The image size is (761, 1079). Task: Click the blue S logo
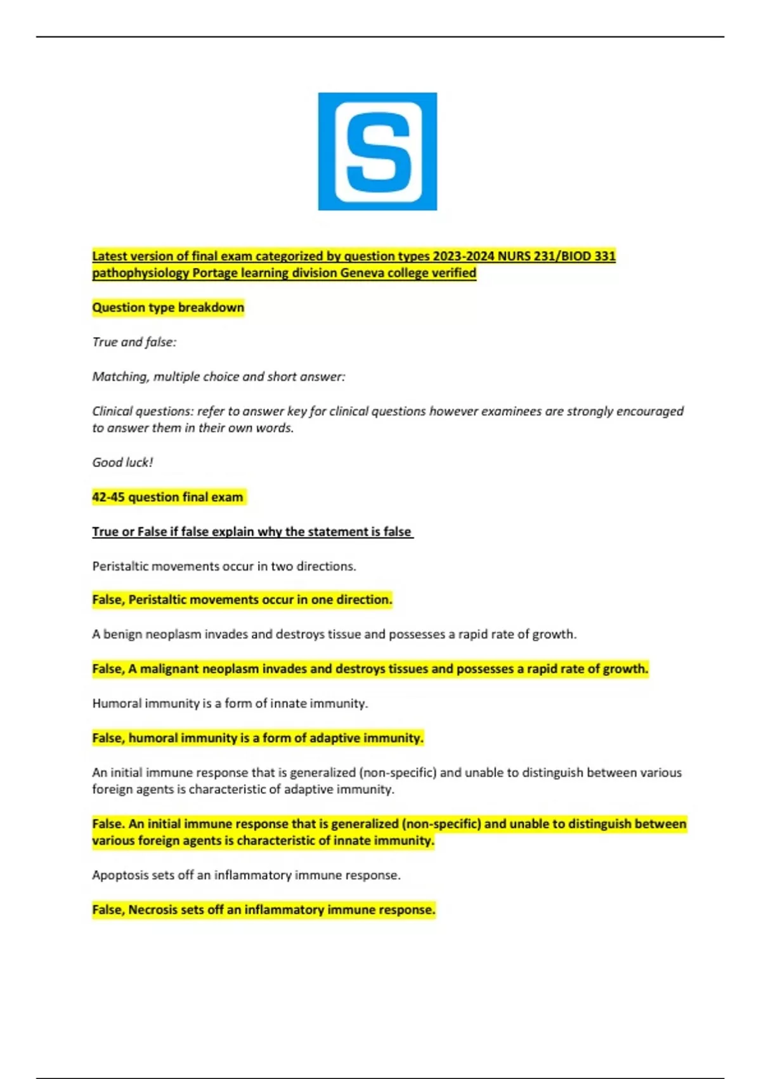coord(377,151)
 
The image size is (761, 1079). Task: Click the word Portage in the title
coord(216,273)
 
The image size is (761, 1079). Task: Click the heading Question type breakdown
coord(168,308)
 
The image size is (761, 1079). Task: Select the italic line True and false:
coord(134,342)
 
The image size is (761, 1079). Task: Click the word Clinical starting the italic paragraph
coord(114,411)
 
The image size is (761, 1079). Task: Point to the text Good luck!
coord(122,463)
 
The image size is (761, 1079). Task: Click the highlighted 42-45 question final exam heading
coord(167,497)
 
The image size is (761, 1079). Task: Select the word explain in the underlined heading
coord(235,532)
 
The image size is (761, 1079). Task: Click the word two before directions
coord(281,566)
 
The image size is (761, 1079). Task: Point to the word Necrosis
coord(153,910)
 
